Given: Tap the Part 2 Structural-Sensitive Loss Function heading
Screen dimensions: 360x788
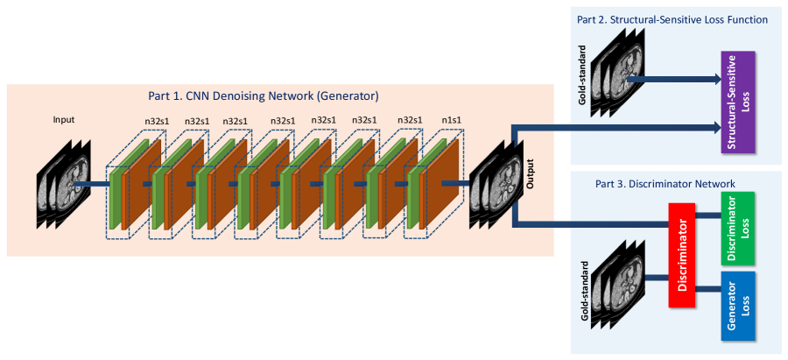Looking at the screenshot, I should [672, 19].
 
